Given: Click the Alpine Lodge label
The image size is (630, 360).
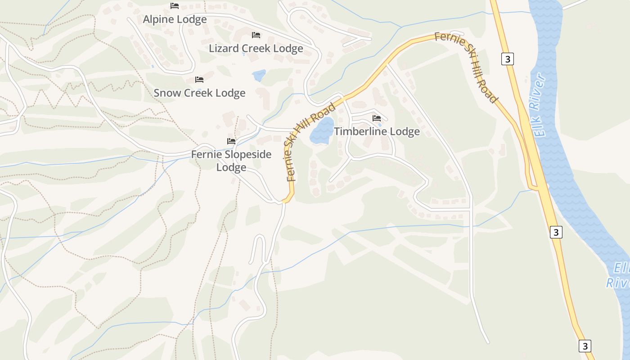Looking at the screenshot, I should click(x=175, y=19).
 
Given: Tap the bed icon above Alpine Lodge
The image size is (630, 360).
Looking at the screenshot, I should click(x=175, y=6).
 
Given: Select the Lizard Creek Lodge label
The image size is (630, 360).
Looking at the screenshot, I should click(x=256, y=48).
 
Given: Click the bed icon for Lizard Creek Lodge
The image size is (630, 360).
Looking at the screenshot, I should click(x=256, y=35).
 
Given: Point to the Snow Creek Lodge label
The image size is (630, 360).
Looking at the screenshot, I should click(x=199, y=93).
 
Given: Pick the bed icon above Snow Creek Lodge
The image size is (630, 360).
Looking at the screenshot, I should click(x=199, y=80).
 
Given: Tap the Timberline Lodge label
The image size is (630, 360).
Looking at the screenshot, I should click(x=377, y=131).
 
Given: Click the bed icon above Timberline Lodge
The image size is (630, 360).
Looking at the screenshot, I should click(x=377, y=118).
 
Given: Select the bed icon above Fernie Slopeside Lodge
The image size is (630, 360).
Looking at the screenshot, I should click(x=231, y=141).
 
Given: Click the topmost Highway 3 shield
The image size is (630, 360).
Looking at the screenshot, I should click(x=508, y=59).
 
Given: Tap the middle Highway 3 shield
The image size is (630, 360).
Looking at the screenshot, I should click(x=556, y=232).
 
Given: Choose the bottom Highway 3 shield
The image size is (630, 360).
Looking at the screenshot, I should click(x=585, y=346).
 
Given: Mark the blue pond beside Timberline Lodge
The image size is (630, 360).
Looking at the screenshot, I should click(x=322, y=131).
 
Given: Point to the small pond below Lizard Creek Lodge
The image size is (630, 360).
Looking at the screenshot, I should click(x=259, y=75).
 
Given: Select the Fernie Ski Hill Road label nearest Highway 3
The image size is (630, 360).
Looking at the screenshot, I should click(x=466, y=67).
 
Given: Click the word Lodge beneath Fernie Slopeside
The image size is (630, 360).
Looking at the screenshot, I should click(x=231, y=167).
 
